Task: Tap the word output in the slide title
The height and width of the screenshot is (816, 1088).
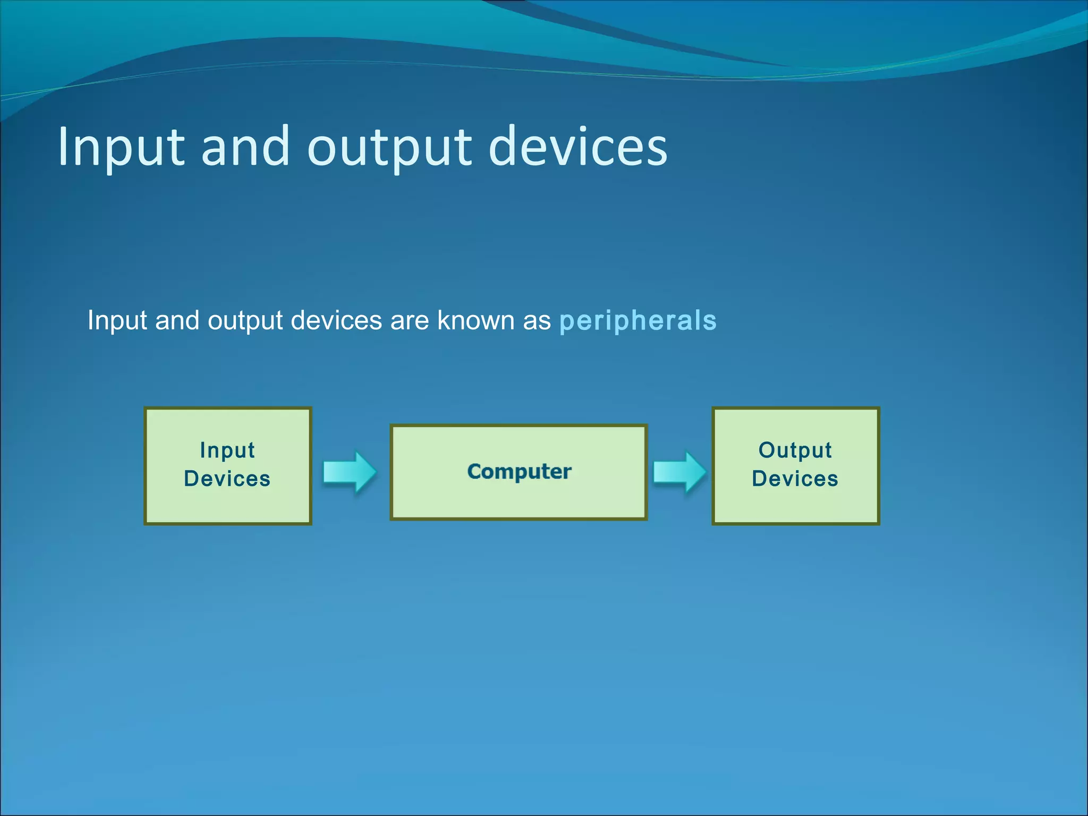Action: tap(389, 149)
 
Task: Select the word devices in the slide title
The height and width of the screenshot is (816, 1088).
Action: tap(577, 147)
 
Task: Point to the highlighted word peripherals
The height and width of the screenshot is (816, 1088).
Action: tap(637, 321)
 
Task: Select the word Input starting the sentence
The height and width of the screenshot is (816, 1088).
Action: tap(117, 321)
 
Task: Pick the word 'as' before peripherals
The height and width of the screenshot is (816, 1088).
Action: tap(537, 321)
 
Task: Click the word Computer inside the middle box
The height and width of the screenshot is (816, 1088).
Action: tap(519, 471)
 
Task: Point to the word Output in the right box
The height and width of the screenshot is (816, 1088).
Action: tap(795, 450)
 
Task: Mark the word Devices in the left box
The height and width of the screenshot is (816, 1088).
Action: tap(227, 479)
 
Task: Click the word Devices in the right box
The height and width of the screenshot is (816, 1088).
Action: tap(795, 479)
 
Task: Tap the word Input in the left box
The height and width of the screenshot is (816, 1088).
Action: tap(227, 450)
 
